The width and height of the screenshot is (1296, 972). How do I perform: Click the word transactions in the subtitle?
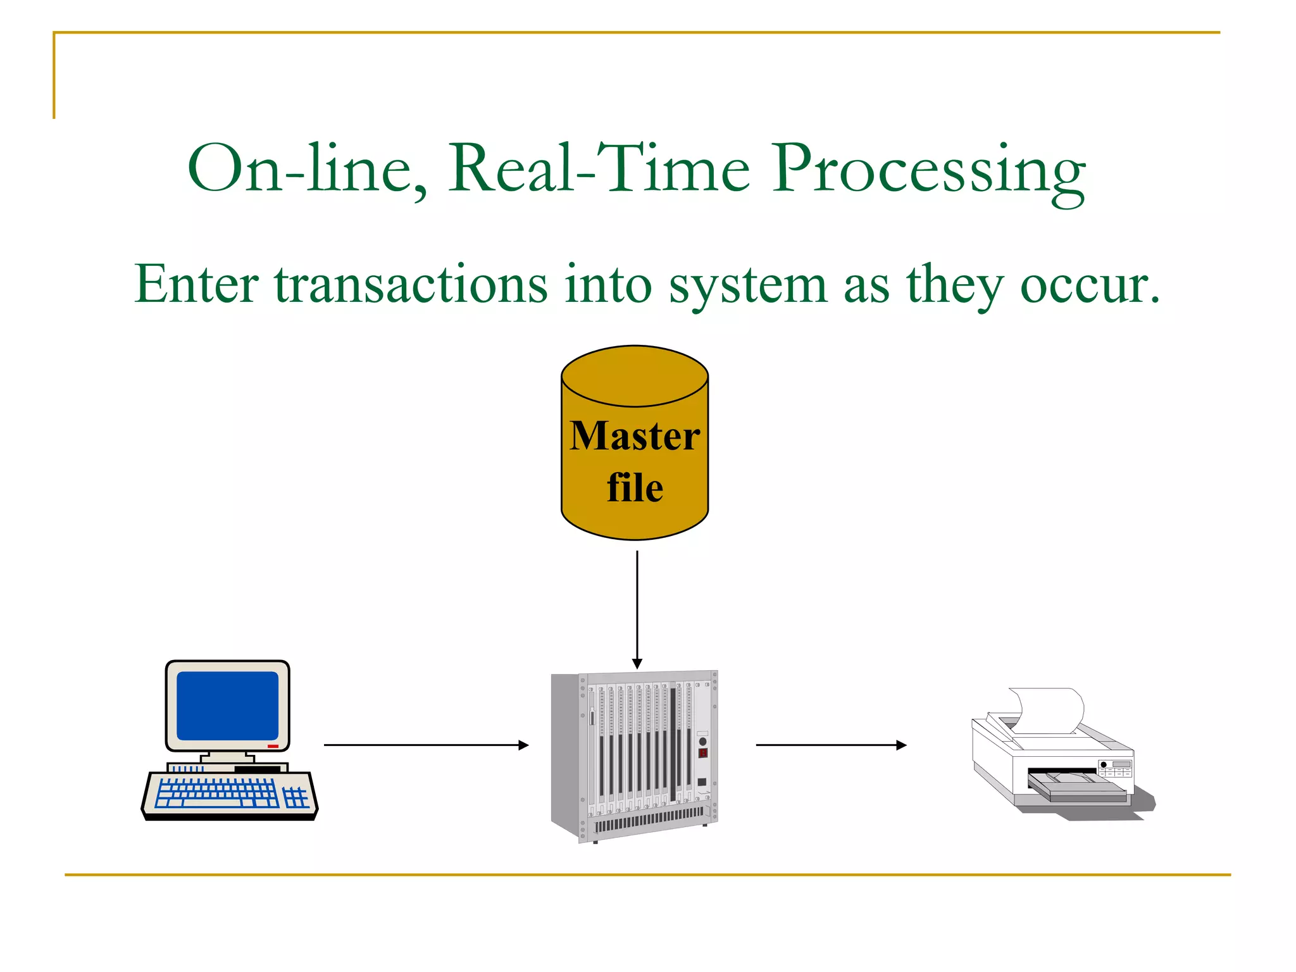[x=411, y=285]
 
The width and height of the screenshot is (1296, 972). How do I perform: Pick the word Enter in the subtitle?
[x=196, y=285]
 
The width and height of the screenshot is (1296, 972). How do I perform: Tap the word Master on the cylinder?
[x=635, y=436]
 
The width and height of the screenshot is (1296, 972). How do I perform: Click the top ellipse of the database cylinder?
[x=635, y=376]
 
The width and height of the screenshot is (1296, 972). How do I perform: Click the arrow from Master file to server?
[x=637, y=607]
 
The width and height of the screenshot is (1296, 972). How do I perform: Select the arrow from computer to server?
[x=425, y=745]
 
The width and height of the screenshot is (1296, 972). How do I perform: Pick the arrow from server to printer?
[x=830, y=745]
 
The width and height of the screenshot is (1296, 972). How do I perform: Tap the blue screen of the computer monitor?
[x=227, y=706]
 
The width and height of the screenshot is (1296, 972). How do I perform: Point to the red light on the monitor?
[x=273, y=747]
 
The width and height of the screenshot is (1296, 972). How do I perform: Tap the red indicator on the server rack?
[x=702, y=753]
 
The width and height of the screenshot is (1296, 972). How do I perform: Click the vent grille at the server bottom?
[x=649, y=819]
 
